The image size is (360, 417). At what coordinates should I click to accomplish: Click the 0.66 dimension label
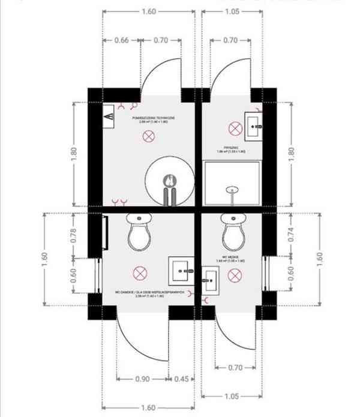(122, 41)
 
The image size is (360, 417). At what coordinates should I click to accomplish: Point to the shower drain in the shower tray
(232, 190)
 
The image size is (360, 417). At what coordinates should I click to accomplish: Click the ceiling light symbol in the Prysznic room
(235, 128)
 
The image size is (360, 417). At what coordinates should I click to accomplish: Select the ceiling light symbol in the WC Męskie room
(235, 275)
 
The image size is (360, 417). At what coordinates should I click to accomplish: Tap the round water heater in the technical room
(171, 180)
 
